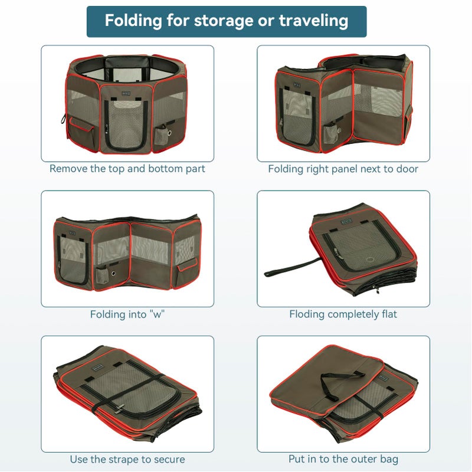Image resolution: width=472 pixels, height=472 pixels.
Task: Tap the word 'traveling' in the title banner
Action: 314,21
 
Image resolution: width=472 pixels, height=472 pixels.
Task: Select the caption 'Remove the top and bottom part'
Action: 127,169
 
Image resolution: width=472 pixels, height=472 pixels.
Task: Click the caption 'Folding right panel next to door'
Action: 343,169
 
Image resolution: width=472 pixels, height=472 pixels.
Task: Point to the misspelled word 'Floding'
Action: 307,314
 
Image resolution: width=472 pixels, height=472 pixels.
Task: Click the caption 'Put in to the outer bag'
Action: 343,459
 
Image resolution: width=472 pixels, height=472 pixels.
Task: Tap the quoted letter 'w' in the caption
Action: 157,315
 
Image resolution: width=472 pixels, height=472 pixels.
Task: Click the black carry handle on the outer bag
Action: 342,382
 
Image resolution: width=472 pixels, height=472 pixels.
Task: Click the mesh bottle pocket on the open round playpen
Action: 162,134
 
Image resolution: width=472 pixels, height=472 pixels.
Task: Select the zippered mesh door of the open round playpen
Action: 126,125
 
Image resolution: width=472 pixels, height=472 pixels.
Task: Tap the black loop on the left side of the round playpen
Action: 64,119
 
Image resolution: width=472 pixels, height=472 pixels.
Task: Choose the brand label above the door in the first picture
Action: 126,93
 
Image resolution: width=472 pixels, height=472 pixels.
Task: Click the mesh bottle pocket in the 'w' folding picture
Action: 103,276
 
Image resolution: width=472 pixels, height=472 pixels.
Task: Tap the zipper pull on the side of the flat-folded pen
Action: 376,290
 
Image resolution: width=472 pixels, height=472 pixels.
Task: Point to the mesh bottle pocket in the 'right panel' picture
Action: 330,132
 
